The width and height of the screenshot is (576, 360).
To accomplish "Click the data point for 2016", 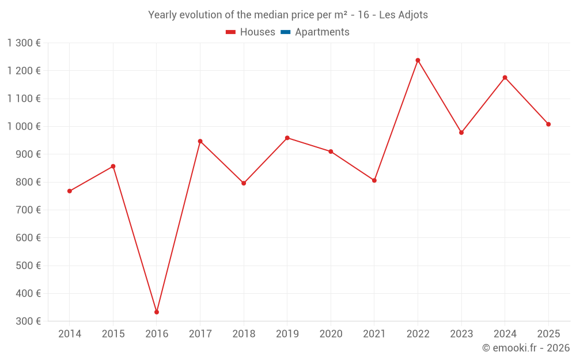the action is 157,312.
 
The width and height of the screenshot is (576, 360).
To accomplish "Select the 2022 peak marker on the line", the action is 418,60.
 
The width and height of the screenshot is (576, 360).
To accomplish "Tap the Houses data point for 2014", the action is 70,191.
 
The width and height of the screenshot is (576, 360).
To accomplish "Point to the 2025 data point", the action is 548,124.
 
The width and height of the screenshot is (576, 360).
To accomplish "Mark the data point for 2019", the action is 287,138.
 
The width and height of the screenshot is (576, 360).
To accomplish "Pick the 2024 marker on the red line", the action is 505,78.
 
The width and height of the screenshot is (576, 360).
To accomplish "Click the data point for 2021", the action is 374,180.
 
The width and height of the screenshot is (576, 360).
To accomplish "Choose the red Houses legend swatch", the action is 231,32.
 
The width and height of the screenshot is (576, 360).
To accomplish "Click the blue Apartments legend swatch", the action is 286,32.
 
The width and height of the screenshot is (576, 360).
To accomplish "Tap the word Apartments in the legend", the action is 322,32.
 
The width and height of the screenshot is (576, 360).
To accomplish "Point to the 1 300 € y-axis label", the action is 24,43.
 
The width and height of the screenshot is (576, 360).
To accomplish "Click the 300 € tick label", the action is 28,321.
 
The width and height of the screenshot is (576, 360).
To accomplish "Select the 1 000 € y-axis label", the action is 24,126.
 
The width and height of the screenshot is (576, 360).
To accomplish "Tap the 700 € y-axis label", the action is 28,210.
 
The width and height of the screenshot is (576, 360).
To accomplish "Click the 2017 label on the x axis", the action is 200,334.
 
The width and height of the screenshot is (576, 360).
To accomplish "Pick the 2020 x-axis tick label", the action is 331,334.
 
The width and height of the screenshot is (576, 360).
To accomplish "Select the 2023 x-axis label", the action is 461,334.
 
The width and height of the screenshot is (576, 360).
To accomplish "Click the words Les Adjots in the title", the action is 403,15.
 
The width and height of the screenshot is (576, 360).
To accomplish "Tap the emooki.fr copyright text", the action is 526,347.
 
